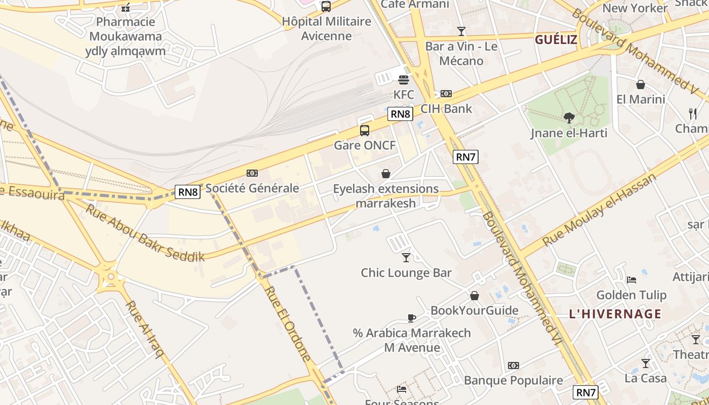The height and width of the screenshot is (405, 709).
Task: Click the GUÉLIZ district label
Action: (x=556, y=39)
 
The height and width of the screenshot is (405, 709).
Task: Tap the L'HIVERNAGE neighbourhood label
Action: (x=615, y=314)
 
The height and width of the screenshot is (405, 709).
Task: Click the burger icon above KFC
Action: (x=404, y=79)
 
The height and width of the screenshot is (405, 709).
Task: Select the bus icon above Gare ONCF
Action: (x=364, y=131)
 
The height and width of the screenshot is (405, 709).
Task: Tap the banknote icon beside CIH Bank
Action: (x=446, y=94)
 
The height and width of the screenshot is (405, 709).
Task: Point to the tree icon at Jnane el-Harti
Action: (x=569, y=118)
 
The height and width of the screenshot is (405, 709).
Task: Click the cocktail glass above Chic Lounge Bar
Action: (x=406, y=258)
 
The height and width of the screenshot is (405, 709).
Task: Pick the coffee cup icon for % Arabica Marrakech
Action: (x=412, y=318)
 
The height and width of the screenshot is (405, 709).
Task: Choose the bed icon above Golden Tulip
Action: (x=631, y=279)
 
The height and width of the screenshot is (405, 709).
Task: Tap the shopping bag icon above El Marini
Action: (x=640, y=85)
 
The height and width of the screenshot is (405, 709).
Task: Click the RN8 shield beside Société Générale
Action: (x=188, y=191)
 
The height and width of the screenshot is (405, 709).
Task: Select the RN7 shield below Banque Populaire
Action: (x=586, y=392)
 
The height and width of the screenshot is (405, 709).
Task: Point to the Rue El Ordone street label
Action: (x=287, y=323)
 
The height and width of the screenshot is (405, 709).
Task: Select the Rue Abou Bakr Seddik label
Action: (x=144, y=232)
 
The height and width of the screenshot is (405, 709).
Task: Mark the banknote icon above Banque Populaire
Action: (x=513, y=366)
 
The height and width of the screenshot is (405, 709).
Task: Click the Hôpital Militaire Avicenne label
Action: (x=326, y=28)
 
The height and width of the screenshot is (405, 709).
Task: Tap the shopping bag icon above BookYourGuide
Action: (x=475, y=296)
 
